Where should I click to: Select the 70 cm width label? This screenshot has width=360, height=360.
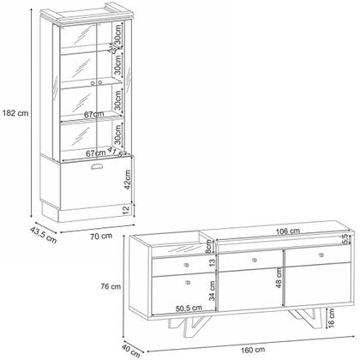pos(101,235)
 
